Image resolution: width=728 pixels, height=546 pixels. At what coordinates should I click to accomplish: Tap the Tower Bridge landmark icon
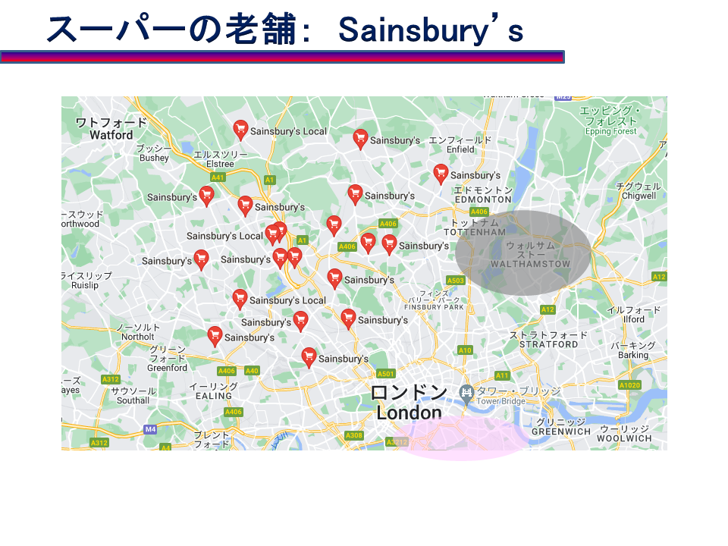(x=467, y=392)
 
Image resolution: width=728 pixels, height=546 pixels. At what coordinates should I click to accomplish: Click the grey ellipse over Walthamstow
(x=523, y=253)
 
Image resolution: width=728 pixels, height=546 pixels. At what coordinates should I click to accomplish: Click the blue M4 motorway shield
(x=150, y=429)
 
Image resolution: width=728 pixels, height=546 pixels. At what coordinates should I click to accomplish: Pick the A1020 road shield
(x=629, y=385)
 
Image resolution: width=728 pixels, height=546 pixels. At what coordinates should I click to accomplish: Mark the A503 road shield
(x=456, y=281)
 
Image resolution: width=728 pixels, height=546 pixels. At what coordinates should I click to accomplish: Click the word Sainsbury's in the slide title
(x=431, y=30)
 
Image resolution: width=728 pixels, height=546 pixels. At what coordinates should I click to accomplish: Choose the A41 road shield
(x=218, y=177)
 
